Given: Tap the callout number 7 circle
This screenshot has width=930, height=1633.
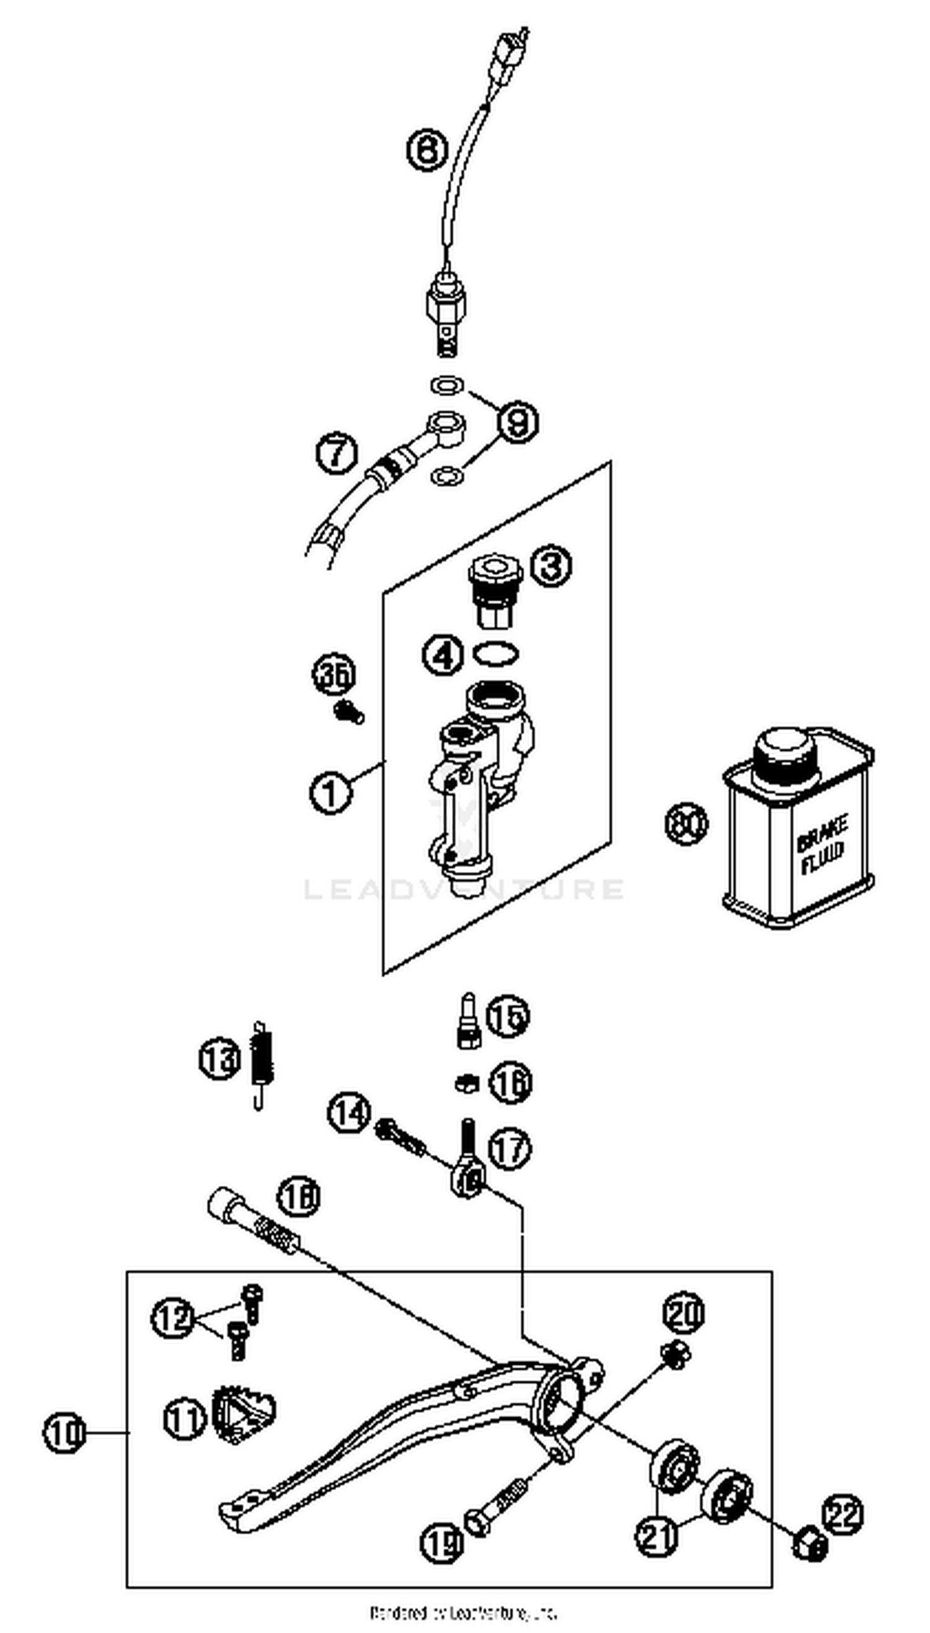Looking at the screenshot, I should point(337,453).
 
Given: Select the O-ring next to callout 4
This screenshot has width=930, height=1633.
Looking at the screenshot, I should point(495,654).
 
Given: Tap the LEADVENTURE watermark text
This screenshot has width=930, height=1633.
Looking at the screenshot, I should point(464,889).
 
